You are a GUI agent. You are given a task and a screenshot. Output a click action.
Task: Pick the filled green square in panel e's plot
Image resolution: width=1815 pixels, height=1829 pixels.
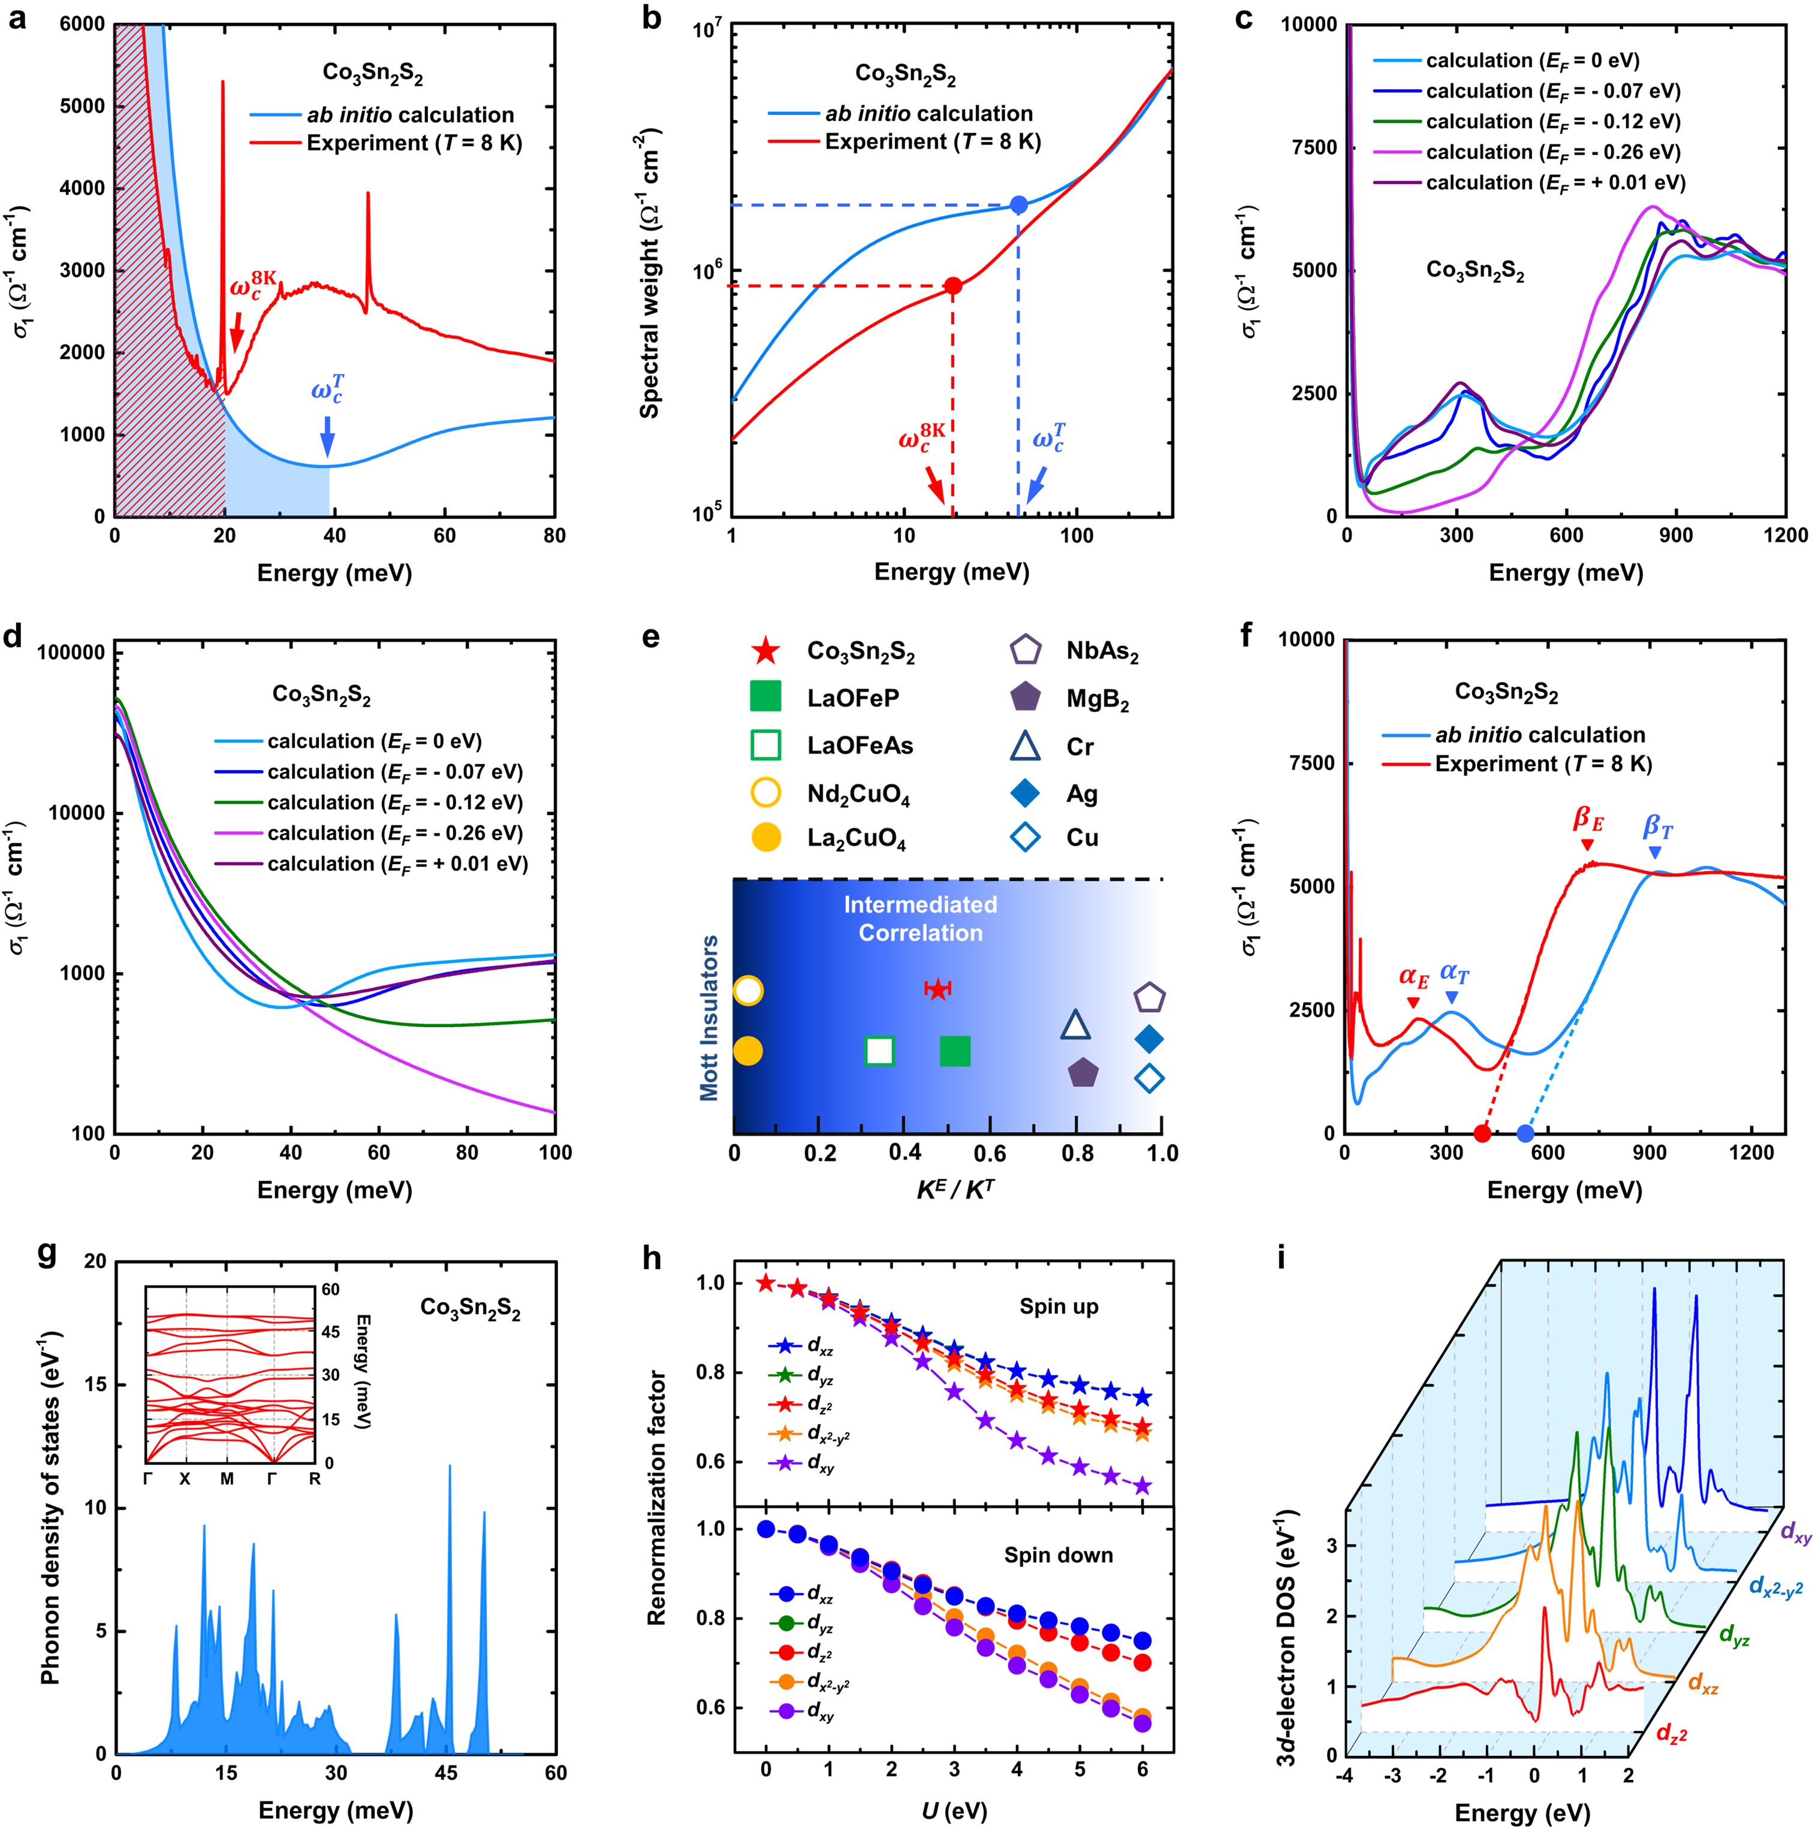tap(954, 1051)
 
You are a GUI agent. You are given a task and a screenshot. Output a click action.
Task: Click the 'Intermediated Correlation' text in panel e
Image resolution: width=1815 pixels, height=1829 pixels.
tap(920, 918)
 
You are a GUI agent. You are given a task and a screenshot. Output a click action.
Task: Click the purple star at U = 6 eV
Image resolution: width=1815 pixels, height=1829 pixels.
tap(1143, 1486)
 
